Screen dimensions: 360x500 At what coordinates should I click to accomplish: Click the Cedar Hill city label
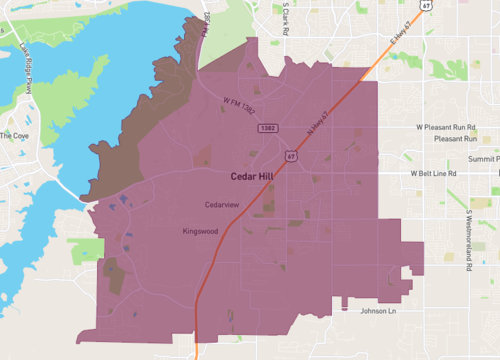[x=254, y=176]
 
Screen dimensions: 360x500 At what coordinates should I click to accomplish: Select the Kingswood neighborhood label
[x=200, y=231]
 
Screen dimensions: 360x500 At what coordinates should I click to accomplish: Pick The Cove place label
[x=16, y=135]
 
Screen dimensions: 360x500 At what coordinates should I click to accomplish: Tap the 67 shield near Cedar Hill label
[x=290, y=155]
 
